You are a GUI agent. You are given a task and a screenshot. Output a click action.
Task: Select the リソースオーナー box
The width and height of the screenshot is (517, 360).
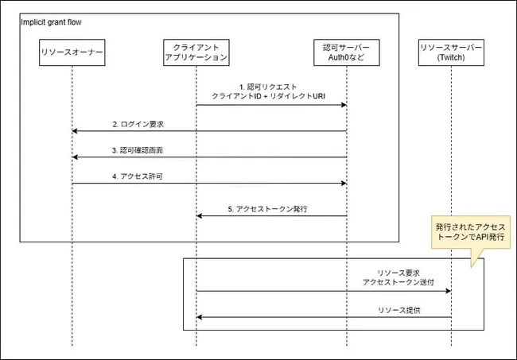(72, 52)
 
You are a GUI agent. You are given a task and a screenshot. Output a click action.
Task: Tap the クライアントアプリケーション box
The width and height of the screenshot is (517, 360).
(196, 52)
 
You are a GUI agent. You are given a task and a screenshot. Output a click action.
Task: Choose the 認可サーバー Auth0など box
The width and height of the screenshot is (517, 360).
(347, 52)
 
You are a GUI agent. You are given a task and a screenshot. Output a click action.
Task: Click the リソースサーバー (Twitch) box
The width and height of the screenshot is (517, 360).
(451, 52)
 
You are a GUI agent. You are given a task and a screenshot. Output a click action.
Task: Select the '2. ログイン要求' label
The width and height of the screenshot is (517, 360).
(142, 124)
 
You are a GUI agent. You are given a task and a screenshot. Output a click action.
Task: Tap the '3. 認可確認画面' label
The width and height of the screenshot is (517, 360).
(143, 150)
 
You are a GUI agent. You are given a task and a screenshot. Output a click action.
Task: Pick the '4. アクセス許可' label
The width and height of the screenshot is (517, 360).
(144, 176)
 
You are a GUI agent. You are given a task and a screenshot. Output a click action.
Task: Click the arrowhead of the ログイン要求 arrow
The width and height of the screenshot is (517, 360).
(75, 131)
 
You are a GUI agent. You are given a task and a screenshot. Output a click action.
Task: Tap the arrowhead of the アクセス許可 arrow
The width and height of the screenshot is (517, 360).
(344, 184)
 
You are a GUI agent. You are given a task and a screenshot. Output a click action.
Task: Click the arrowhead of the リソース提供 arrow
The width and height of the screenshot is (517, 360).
(200, 317)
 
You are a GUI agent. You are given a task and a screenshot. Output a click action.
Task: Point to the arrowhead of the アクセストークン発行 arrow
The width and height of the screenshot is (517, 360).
(200, 215)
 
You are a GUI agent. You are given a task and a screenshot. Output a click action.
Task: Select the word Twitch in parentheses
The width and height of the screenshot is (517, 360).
(451, 58)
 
